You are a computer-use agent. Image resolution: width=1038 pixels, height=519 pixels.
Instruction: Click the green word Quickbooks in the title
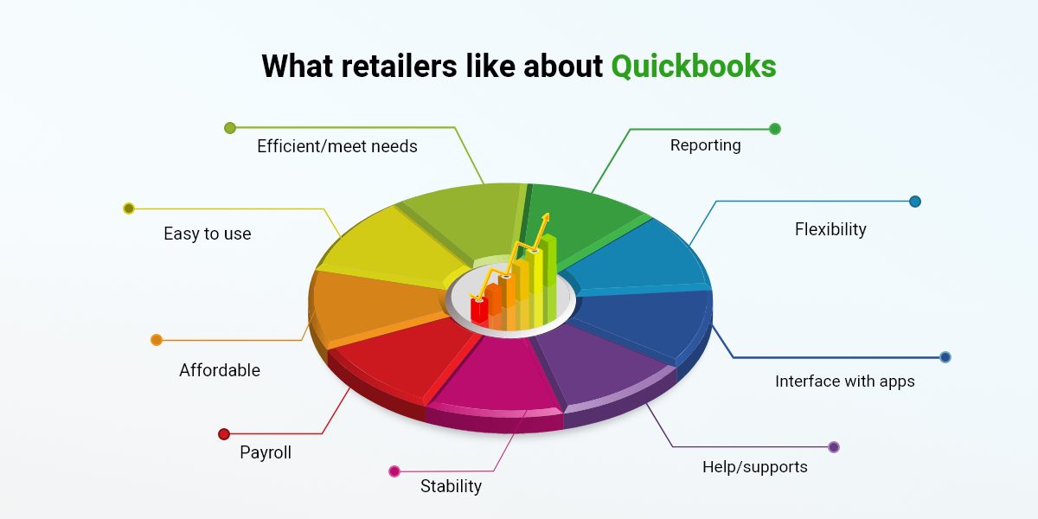click(694, 67)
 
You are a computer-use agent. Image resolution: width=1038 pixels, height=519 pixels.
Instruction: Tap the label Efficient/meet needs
click(337, 146)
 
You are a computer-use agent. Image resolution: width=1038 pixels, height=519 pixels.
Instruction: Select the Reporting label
click(705, 145)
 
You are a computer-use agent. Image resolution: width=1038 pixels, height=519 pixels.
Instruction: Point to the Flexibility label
click(830, 229)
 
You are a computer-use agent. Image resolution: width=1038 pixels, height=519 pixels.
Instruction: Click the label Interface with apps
click(845, 381)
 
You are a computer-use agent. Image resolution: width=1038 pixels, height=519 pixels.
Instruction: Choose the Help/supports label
click(755, 467)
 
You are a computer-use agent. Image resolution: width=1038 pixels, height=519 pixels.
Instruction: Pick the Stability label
click(451, 486)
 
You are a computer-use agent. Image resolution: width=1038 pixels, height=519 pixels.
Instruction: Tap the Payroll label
click(266, 452)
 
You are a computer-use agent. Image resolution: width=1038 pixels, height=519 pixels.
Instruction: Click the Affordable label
click(220, 370)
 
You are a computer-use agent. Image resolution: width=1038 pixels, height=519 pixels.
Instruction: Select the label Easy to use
click(207, 234)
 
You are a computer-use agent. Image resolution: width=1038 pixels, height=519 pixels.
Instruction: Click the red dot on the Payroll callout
click(224, 434)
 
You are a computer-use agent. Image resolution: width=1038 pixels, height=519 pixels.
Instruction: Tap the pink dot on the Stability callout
click(394, 471)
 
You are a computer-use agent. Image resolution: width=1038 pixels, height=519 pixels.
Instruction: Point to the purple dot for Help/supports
click(834, 447)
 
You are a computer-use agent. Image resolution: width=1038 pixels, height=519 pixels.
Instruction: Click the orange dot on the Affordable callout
click(157, 340)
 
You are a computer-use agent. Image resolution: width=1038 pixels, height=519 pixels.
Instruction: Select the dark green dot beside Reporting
click(775, 129)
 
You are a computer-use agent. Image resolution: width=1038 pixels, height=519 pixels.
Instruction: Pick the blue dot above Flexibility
click(915, 202)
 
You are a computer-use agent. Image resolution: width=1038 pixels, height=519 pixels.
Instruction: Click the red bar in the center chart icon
click(478, 311)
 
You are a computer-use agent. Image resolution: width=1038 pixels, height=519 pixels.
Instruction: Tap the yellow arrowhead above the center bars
click(547, 218)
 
